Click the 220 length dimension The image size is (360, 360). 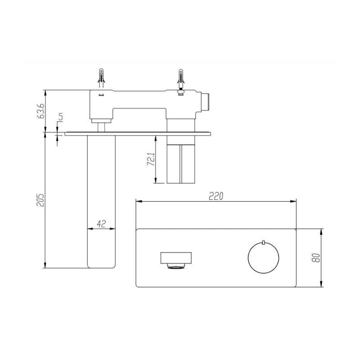click(x=216, y=196)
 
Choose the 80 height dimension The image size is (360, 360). click(x=316, y=258)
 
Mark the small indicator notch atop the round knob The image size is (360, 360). click(x=263, y=243)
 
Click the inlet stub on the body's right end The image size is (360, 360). click(x=207, y=102)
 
